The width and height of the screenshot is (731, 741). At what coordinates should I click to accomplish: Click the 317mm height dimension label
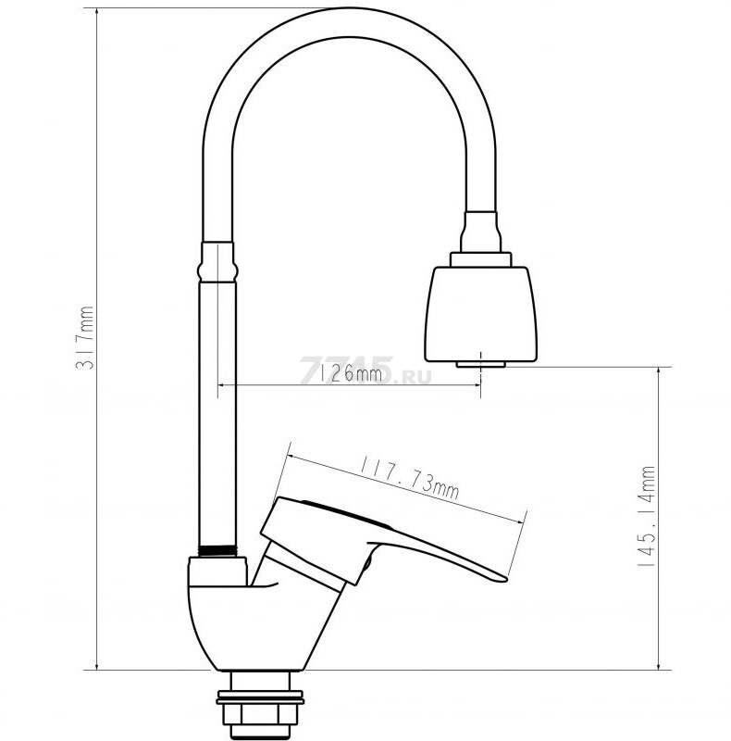coord(85,337)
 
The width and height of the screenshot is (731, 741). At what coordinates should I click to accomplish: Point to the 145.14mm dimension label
coord(647,517)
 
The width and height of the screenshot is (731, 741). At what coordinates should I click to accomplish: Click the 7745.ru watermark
coord(365,370)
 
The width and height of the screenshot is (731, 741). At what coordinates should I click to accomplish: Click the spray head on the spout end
coord(481,314)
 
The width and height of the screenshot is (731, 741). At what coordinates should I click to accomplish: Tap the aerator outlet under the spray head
coord(481,364)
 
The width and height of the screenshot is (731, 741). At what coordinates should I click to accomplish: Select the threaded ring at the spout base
coord(217,550)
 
